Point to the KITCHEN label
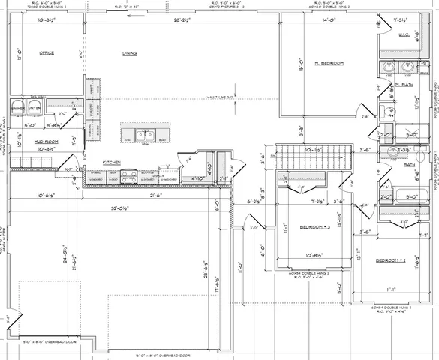tap(113, 162)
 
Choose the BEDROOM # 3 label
tap(316, 227)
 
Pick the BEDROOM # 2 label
tap(390, 260)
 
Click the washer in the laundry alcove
tap(17, 108)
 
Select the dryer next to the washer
tap(34, 108)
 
